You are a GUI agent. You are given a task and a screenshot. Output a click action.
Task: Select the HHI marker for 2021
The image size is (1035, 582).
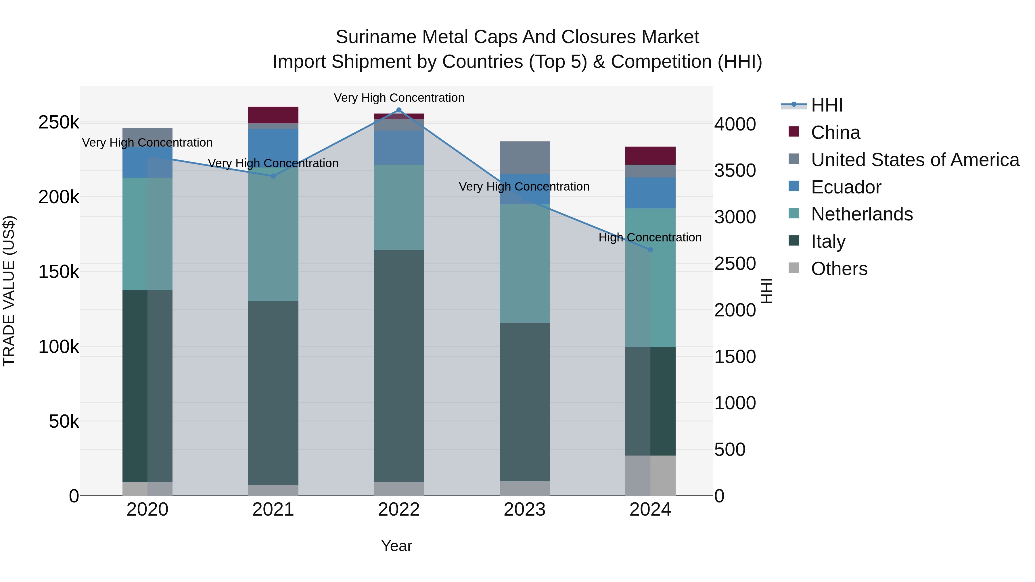point(273,176)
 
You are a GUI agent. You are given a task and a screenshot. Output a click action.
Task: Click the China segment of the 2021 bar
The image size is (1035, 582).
point(273,115)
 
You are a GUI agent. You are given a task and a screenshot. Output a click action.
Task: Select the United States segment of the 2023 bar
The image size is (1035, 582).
point(524,158)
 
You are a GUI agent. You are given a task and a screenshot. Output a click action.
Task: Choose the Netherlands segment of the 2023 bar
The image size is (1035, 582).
point(524,264)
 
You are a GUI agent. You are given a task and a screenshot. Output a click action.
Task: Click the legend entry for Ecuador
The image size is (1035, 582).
point(846,187)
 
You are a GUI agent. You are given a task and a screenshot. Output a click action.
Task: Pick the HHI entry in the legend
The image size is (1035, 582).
point(827,105)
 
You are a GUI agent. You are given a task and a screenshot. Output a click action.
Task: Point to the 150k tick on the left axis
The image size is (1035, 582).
point(59,272)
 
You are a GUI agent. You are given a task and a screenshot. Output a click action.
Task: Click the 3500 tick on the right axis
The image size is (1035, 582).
point(735,171)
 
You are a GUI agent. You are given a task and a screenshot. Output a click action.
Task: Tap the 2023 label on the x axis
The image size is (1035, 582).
point(524,510)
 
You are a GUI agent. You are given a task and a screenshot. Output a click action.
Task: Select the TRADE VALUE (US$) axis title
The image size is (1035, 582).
point(9,291)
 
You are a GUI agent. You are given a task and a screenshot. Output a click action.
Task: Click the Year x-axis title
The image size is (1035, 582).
point(396,546)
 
